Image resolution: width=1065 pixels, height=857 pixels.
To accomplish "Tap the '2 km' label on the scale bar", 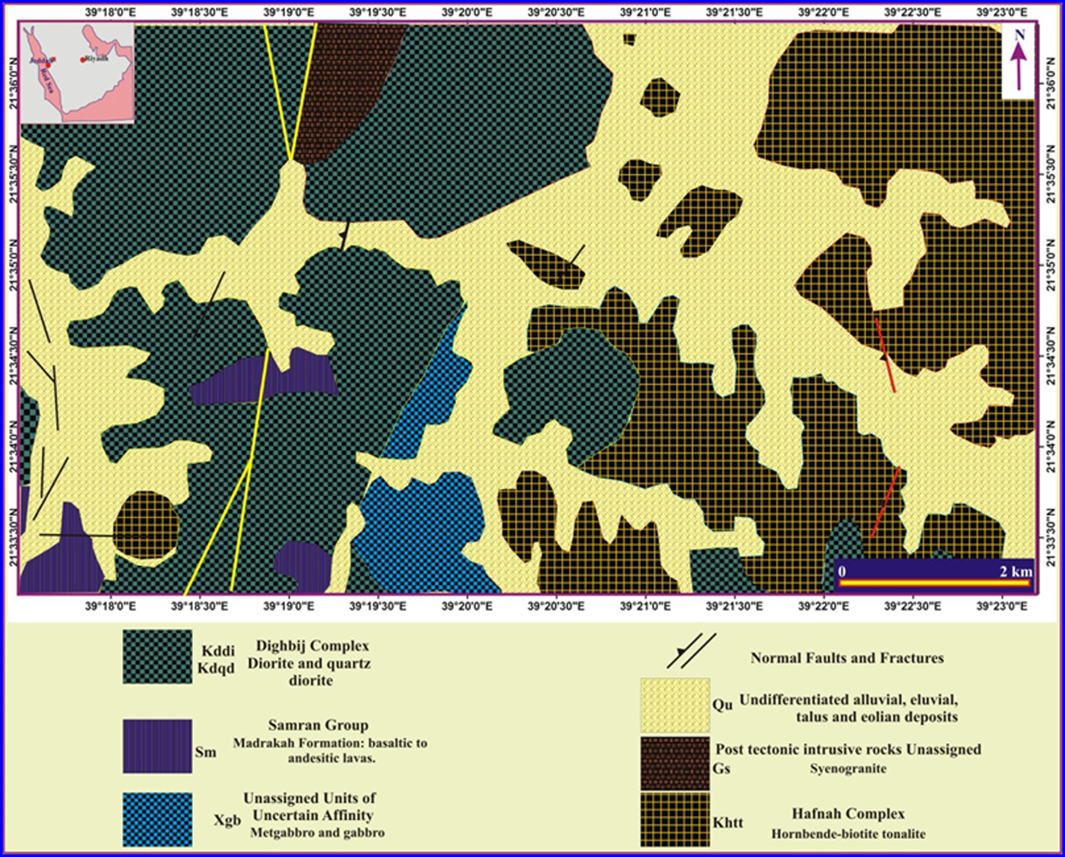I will click(x=1015, y=572).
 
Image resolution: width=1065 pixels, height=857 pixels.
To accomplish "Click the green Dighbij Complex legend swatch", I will click(x=157, y=657).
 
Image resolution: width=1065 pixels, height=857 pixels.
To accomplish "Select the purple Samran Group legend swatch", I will click(x=157, y=746).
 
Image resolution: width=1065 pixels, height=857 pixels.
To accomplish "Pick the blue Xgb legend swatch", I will click(x=157, y=819).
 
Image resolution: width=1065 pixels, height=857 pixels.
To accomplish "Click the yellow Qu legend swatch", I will click(x=674, y=705).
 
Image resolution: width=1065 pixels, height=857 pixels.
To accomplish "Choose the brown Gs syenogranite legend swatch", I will click(x=674, y=763).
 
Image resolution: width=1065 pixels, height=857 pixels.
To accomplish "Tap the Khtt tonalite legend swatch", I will click(x=674, y=819).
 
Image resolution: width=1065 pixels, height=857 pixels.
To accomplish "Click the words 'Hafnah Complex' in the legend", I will click(x=848, y=814).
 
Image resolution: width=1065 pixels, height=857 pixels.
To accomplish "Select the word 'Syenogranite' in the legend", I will click(x=848, y=769).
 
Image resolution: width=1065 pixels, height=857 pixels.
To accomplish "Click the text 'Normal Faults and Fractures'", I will click(x=847, y=658).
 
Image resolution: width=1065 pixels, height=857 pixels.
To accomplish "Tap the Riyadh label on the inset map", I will click(x=97, y=58).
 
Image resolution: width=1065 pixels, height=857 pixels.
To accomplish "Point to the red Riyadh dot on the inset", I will click(x=83, y=60).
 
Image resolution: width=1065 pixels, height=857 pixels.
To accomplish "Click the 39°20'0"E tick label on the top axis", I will click(x=467, y=12).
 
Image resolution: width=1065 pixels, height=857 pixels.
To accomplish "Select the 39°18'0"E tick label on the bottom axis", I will click(x=110, y=606).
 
